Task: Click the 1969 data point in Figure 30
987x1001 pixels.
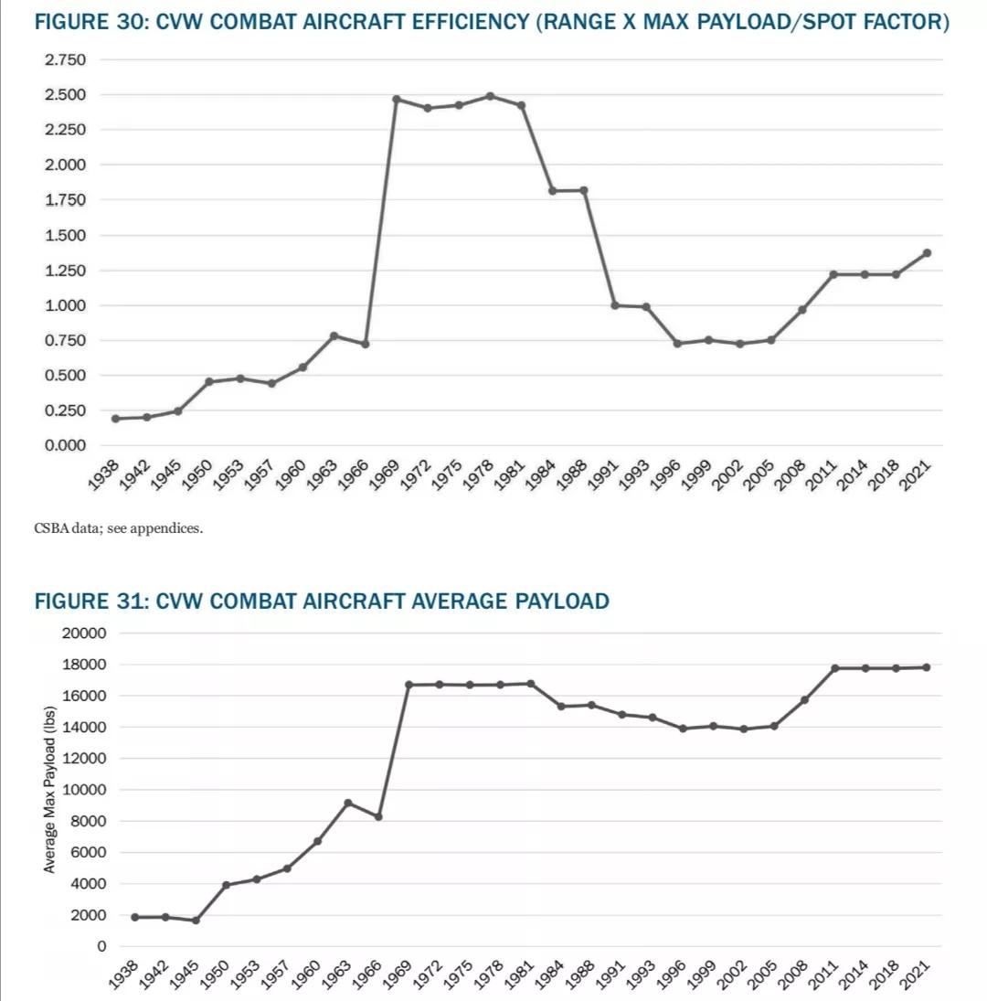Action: (x=397, y=99)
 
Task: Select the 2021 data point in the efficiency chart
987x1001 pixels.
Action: (x=927, y=253)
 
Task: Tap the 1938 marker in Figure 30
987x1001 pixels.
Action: (x=115, y=419)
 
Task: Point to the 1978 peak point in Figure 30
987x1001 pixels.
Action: (x=490, y=96)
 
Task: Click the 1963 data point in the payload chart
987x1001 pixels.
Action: (x=347, y=803)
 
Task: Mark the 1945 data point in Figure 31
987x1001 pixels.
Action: (x=196, y=920)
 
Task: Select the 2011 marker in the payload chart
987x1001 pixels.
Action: (x=834, y=668)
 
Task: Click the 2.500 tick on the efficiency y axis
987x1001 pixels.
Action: (x=65, y=95)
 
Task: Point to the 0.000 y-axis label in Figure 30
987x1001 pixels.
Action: (x=65, y=445)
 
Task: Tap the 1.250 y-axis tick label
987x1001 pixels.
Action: (x=65, y=271)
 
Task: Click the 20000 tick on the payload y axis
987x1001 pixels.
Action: (x=84, y=634)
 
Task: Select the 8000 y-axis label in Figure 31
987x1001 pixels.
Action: (x=88, y=821)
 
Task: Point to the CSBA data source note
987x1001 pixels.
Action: (x=118, y=529)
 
